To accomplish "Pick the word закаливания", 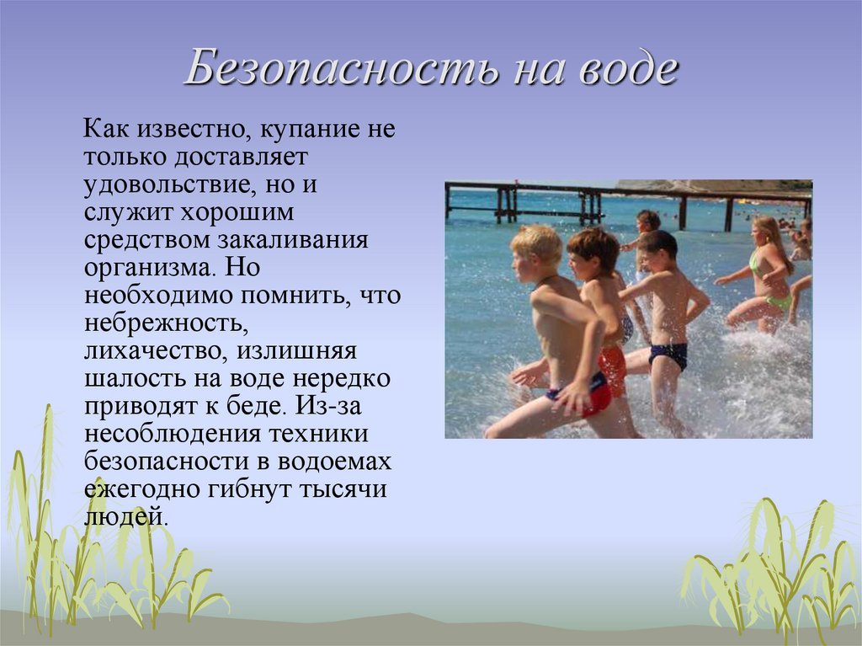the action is [x=293, y=241].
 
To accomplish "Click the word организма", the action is [x=149, y=269].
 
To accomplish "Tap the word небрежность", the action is [x=166, y=323].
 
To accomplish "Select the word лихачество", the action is [x=155, y=351].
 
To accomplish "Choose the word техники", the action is [x=318, y=434].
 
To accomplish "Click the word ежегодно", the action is [x=141, y=489].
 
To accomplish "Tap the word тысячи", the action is [x=343, y=489].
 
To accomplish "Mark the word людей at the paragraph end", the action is [x=125, y=517].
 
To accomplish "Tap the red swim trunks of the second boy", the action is [x=613, y=371].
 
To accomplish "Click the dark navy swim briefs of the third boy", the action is [x=668, y=355].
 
